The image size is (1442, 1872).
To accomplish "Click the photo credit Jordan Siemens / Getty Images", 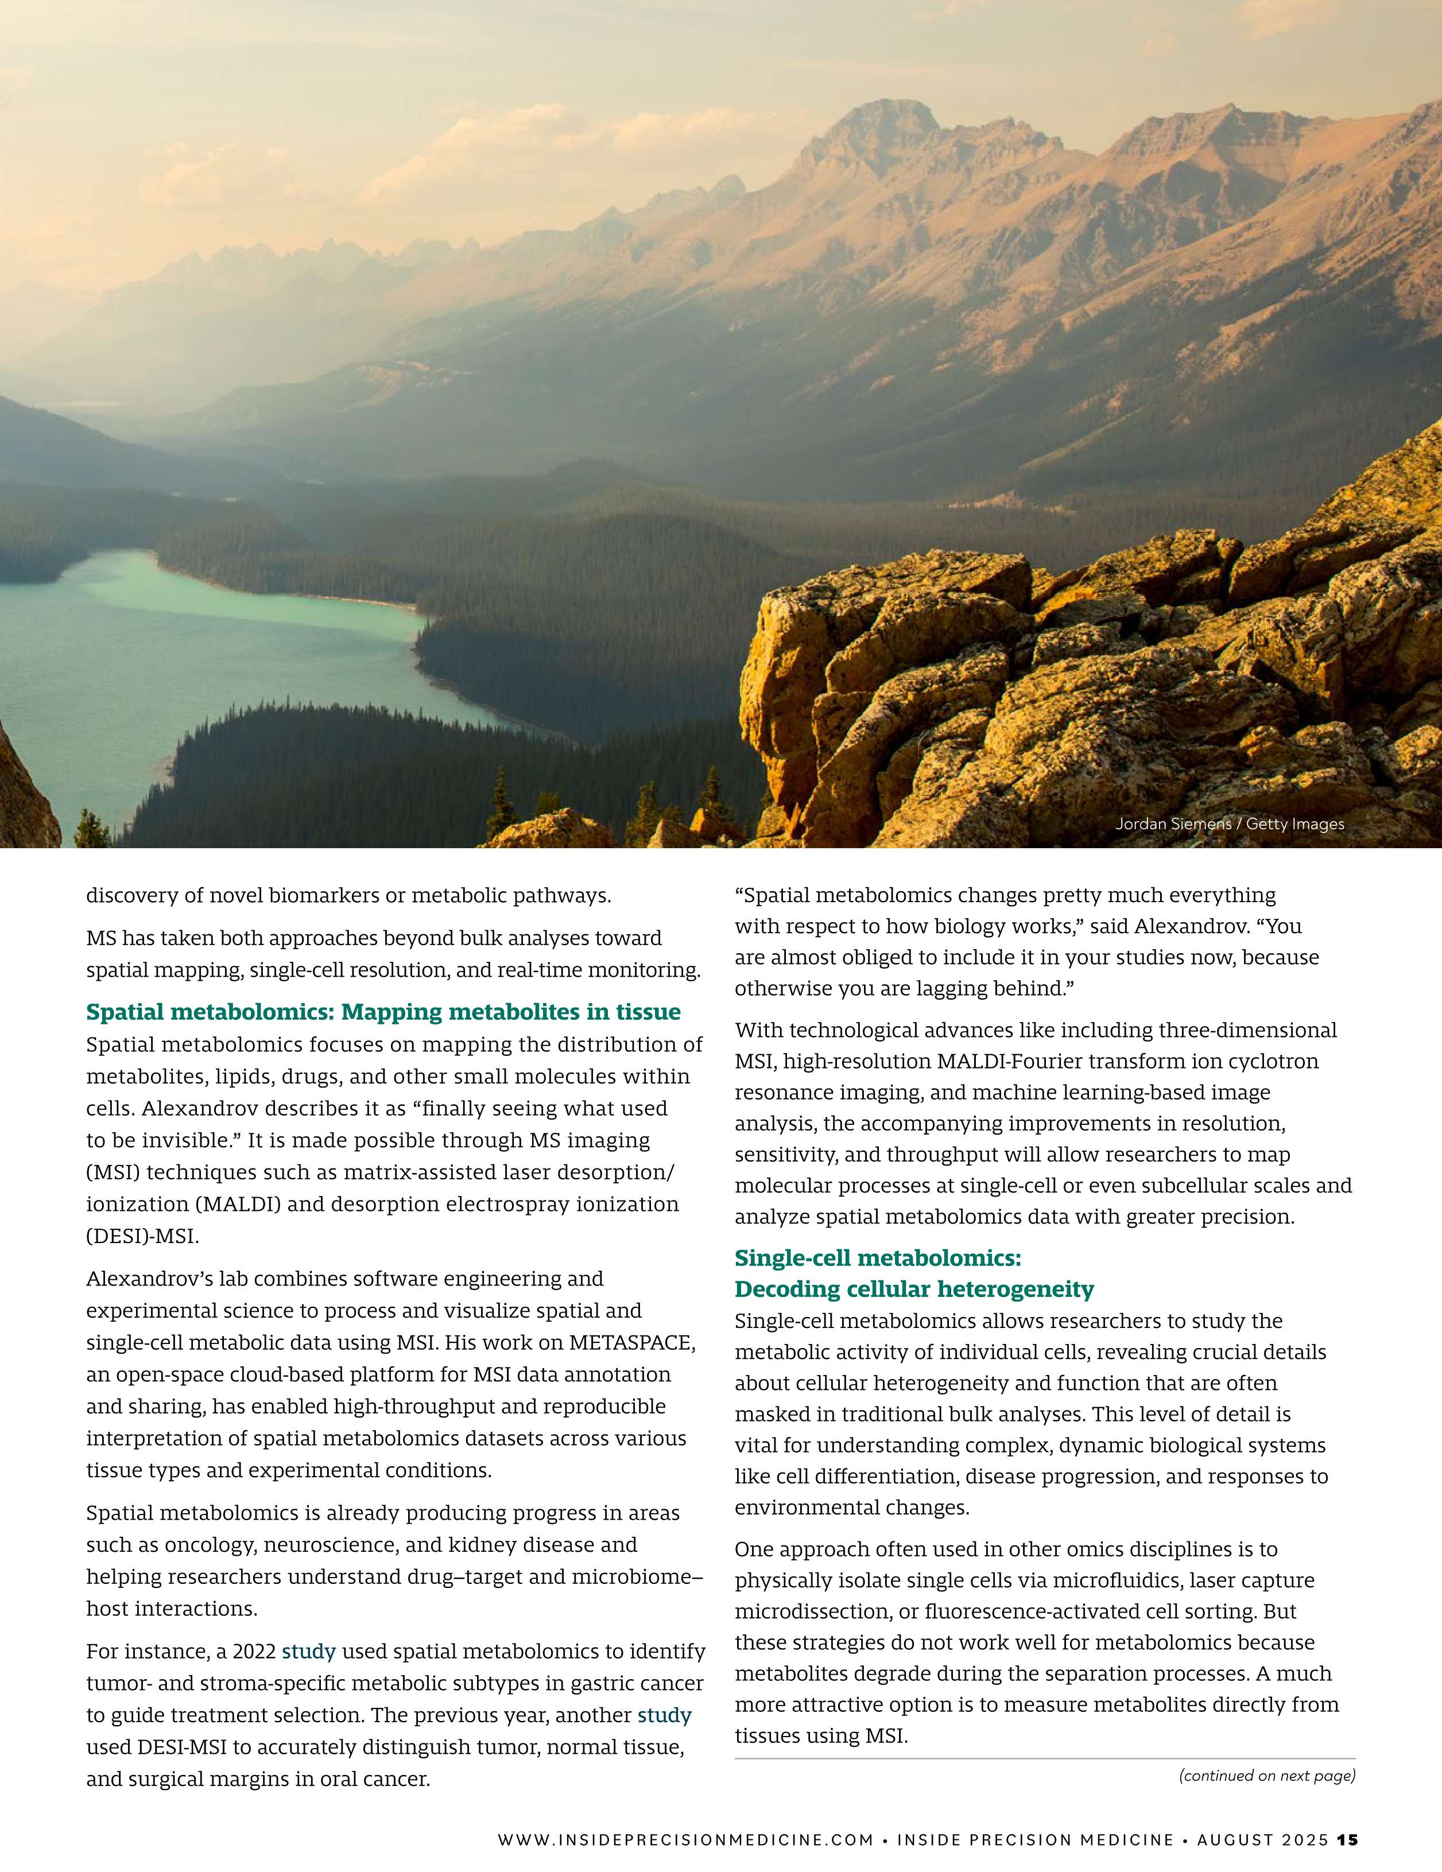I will pos(1230,824).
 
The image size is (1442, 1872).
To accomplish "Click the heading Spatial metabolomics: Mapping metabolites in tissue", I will pos(383,1012).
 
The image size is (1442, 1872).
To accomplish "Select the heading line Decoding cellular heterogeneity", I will pos(914,1289).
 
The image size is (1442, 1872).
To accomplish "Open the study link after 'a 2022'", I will pos(309,1651).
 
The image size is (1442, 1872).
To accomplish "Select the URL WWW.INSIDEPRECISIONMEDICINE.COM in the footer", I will pos(686,1839).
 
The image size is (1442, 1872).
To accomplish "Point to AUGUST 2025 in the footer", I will pos(1263,1839).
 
